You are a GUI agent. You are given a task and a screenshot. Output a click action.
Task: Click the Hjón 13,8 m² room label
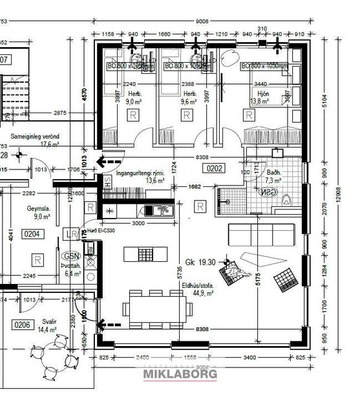coord(259,98)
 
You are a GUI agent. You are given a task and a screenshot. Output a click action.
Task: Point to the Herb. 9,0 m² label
coord(134,98)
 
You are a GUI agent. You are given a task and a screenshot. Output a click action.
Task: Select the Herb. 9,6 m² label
coord(188,98)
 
